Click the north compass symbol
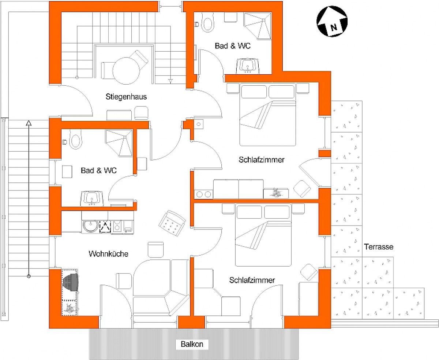332,22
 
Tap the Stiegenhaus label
126,97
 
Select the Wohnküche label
108,254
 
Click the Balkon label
192,344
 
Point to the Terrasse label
379,247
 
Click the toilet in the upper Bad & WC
207,22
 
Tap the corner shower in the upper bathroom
258,26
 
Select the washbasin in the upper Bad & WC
248,66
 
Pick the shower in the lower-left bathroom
119,143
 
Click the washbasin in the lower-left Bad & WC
92,198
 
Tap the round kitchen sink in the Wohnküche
91,226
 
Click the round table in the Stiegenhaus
126,71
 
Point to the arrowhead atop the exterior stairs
29,123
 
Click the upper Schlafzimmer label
262,160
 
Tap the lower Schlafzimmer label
252,280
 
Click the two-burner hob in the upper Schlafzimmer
203,194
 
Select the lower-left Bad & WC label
99,170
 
